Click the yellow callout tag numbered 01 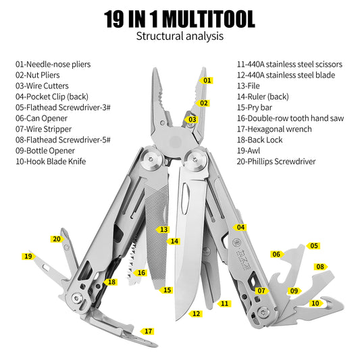click(x=206, y=80)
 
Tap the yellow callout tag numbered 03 click(x=192, y=120)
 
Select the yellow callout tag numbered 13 click(x=163, y=230)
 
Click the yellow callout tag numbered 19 click(x=28, y=257)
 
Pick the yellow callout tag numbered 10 click(x=314, y=303)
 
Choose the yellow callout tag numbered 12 click(x=196, y=313)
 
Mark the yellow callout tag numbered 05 click(x=313, y=246)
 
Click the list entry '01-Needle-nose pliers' click(x=62, y=64)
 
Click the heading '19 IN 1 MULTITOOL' click(x=180, y=18)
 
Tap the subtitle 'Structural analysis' click(x=180, y=36)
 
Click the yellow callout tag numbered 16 click(x=140, y=273)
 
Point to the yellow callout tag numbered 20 click(x=57, y=238)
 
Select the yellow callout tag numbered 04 click(x=240, y=228)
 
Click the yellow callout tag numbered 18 click(x=111, y=282)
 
